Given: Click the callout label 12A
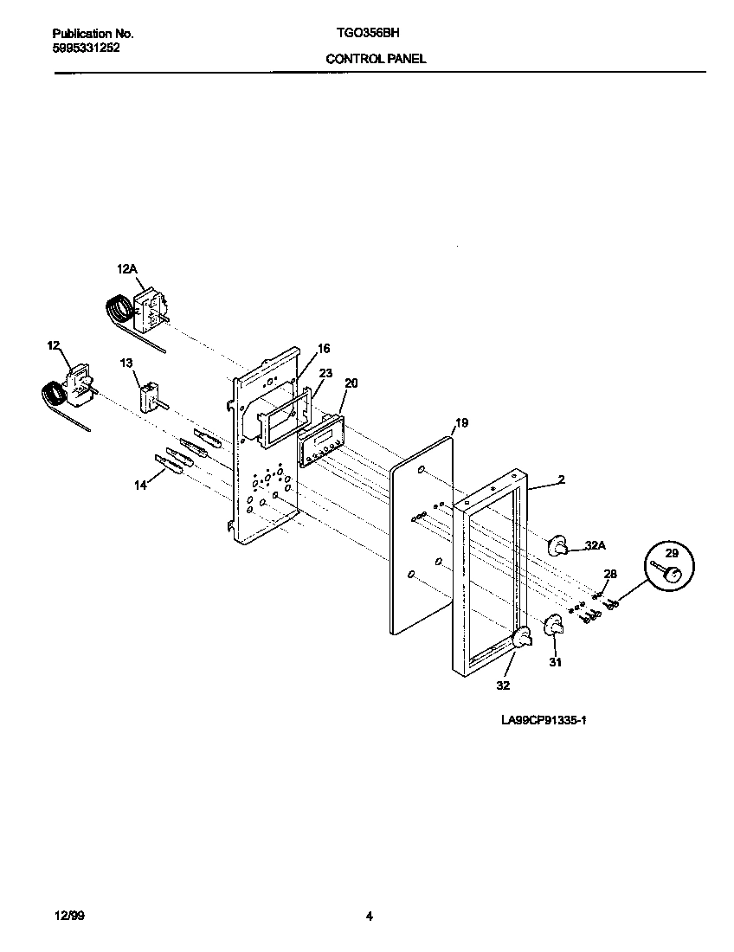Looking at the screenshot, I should pyautogui.click(x=127, y=270).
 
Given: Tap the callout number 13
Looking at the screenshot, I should pyautogui.click(x=126, y=363).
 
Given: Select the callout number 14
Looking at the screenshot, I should pyautogui.click(x=139, y=486).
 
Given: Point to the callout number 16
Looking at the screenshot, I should pyautogui.click(x=324, y=349).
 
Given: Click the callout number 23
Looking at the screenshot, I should pyautogui.click(x=325, y=373).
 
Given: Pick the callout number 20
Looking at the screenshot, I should pyautogui.click(x=351, y=383).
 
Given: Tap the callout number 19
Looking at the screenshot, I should pyautogui.click(x=461, y=422).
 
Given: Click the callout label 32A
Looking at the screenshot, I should pyautogui.click(x=595, y=546).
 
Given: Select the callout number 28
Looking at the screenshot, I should pyautogui.click(x=610, y=574).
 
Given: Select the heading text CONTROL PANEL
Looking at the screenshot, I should pyautogui.click(x=376, y=60).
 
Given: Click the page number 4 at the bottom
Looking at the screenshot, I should pyautogui.click(x=370, y=917).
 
